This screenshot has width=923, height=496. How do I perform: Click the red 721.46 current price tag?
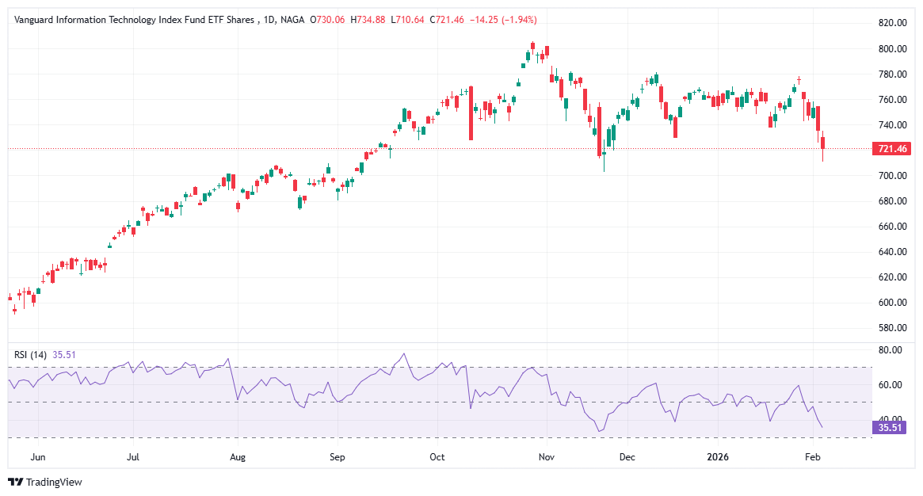891,149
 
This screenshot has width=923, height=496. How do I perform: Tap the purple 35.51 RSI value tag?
887,428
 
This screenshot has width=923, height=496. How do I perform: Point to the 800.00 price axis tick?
891,49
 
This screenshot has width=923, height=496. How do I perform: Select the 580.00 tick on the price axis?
891,328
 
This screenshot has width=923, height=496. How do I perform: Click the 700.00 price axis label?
891,176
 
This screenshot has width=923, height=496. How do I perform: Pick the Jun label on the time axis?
37,457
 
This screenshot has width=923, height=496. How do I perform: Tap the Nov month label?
546,457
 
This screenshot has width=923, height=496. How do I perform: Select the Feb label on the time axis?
811,457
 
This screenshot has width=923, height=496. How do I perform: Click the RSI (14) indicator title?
31,355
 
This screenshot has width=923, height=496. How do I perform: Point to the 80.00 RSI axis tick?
891,350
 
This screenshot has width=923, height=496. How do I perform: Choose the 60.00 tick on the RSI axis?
891,385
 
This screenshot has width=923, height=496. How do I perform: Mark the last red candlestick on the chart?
823,143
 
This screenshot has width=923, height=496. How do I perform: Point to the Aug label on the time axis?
238,457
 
